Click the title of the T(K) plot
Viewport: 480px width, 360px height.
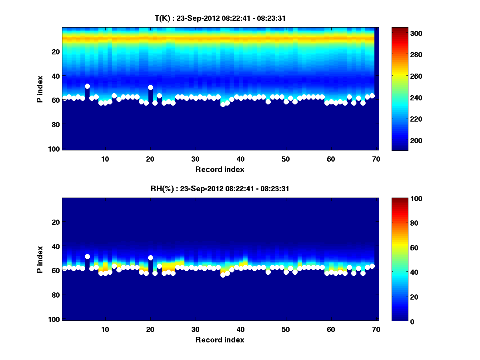pyautogui.click(x=220, y=18)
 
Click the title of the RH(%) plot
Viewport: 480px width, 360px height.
pyautogui.click(x=220, y=188)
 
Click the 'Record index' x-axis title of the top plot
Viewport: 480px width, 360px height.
pyautogui.click(x=220, y=170)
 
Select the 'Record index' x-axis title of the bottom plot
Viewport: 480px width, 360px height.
pyautogui.click(x=220, y=340)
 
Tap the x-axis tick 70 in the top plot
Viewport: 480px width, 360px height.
pyautogui.click(x=376, y=159)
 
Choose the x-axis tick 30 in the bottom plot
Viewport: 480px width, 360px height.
pyautogui.click(x=195, y=329)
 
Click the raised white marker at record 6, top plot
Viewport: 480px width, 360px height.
pyautogui.click(x=87, y=86)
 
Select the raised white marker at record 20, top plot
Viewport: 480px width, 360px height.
pyautogui.click(x=150, y=87)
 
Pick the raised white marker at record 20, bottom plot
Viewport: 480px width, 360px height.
pyautogui.click(x=150, y=258)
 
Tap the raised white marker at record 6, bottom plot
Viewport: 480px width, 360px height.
pyautogui.click(x=87, y=256)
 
